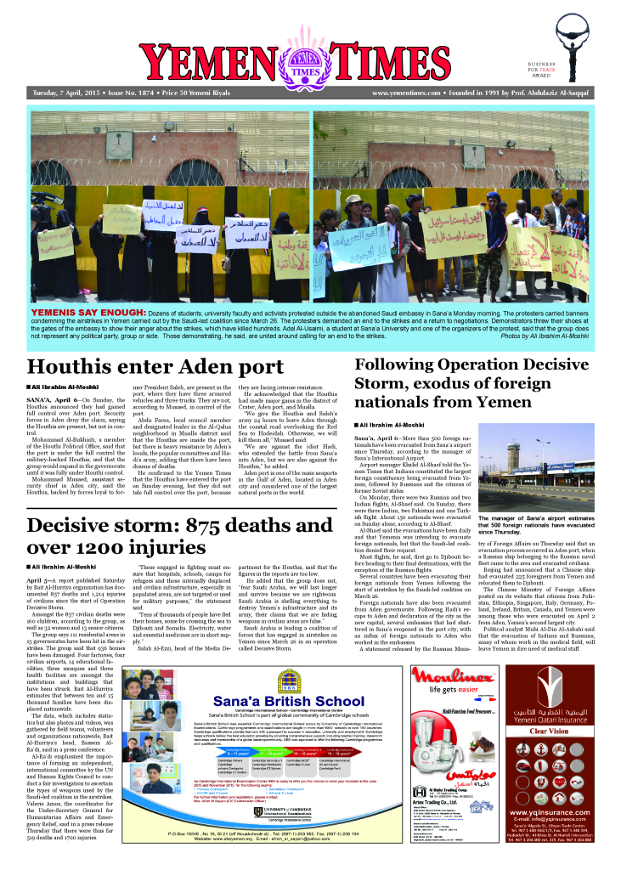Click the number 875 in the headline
pos(244,524)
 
